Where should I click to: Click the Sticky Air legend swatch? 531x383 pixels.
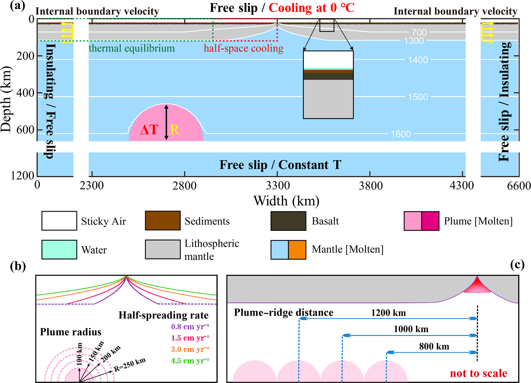pos(59,221)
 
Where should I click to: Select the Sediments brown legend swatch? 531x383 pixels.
pos(163,220)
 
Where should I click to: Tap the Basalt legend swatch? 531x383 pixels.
pos(288,221)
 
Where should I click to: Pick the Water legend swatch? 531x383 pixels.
pos(59,249)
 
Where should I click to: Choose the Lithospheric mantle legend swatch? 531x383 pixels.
pos(163,249)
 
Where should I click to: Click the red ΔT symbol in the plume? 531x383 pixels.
pos(149,130)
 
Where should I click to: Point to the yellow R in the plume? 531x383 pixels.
pos(174,130)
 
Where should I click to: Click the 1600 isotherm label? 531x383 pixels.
pos(401,134)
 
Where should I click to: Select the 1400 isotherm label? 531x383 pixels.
pos(418,60)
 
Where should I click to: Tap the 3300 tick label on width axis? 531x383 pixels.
pos(277,185)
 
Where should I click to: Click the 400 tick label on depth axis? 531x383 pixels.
pos(25,93)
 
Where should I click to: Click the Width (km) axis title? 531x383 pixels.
pos(286,201)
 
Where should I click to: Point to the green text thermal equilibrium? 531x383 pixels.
pos(132,48)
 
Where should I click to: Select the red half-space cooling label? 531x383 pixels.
pos(244,48)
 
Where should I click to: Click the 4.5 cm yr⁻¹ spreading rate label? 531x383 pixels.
pos(190,361)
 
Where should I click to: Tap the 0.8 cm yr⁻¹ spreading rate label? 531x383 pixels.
pos(190,327)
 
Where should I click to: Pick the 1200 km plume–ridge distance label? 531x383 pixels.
pos(388,313)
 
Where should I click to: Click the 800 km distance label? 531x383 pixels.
pos(434,347)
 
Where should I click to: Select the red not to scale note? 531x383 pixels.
pos(478,373)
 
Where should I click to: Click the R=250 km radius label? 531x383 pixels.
pos(130,365)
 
